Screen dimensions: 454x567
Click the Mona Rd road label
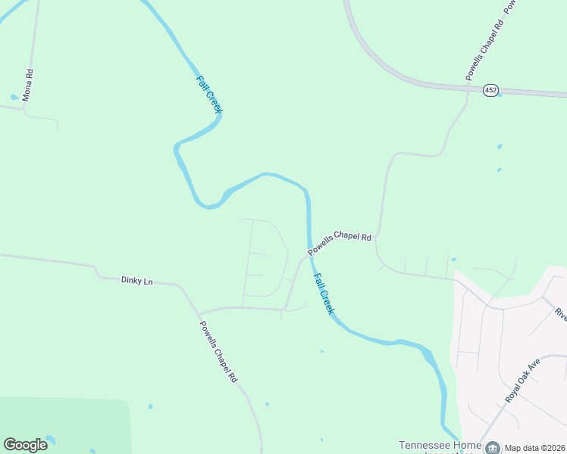pos(28,86)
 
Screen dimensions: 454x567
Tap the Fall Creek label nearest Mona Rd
pos(209,95)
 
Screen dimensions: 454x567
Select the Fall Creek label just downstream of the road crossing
pos(323,294)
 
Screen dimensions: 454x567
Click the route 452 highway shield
pos(491,90)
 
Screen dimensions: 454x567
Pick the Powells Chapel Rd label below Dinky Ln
pos(219,351)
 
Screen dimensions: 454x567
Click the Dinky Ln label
pos(136,281)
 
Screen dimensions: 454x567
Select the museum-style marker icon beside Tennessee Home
pos(492,447)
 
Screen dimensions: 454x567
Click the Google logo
pos(25,445)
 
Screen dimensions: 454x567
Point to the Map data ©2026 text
pos(534,447)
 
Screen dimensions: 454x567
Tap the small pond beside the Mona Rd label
pos(14,97)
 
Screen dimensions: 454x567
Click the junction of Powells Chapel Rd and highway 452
pos(467,89)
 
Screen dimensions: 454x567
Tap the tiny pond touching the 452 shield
pos(499,95)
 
